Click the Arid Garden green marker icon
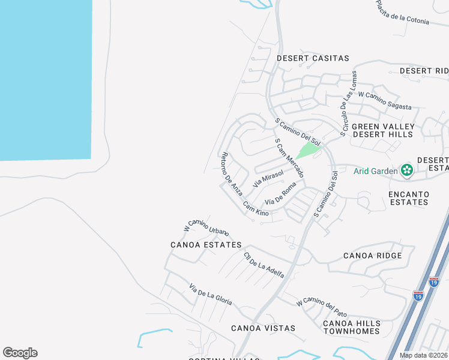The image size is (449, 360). (x=407, y=171)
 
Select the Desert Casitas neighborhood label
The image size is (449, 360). (x=313, y=58)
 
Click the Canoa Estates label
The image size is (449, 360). (x=206, y=245)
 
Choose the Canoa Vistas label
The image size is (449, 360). (x=264, y=328)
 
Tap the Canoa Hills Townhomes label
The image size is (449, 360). (x=351, y=327)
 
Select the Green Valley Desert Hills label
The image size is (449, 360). (x=383, y=130)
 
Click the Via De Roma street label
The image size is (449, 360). (x=281, y=194)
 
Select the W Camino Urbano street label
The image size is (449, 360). (x=206, y=226)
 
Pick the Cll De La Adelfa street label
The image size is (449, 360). (x=264, y=265)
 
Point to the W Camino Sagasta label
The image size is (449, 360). (x=385, y=101)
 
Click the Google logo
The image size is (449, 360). (x=20, y=353)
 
